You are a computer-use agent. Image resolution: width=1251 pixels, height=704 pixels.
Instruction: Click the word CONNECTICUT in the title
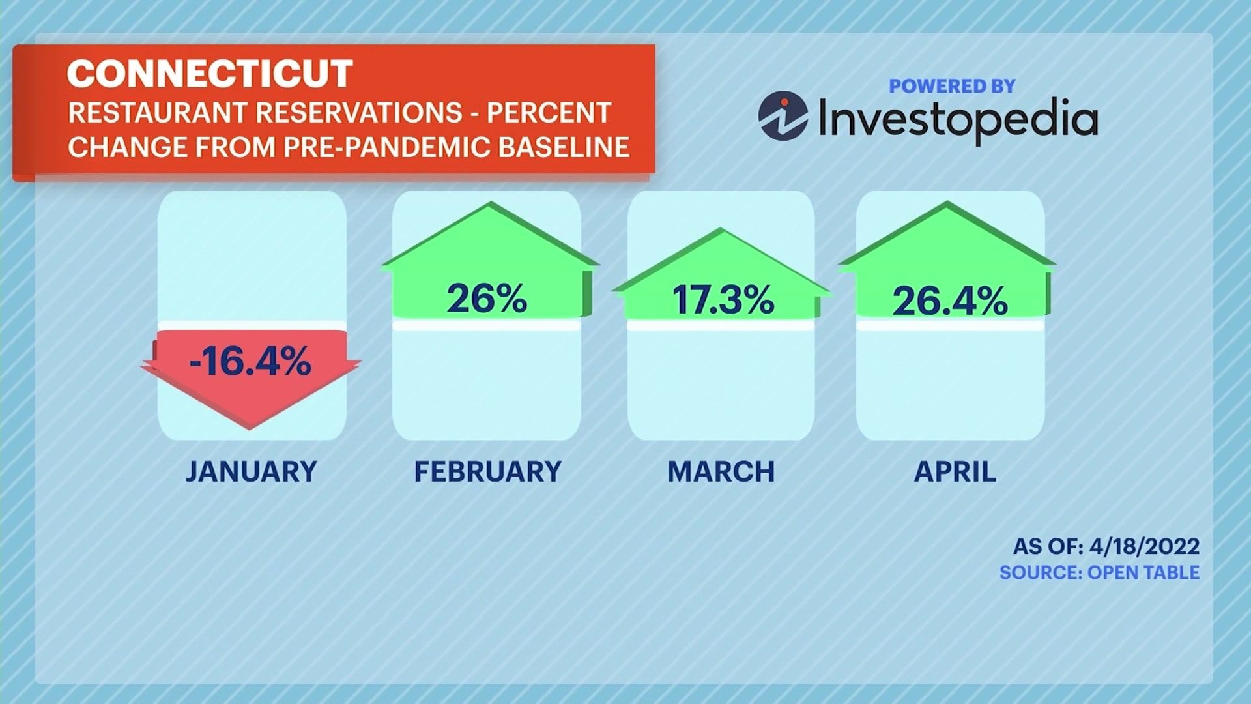coord(210,73)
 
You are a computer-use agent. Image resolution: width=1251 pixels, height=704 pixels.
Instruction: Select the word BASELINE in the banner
coord(564,147)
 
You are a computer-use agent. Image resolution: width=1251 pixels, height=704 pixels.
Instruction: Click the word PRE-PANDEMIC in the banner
coord(387,147)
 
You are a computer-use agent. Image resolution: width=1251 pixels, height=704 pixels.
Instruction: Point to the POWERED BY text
coord(952,86)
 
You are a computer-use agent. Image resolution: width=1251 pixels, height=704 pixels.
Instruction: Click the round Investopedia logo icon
coord(783,116)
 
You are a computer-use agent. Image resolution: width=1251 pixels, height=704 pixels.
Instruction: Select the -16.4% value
coord(250,361)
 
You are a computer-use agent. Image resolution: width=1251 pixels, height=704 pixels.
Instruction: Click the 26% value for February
coord(487,299)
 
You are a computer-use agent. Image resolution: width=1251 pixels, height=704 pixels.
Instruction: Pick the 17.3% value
coord(723,300)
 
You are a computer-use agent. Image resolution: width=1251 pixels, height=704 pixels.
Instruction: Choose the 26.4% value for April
coord(950,301)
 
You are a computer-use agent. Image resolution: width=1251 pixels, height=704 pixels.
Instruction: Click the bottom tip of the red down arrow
coord(250,430)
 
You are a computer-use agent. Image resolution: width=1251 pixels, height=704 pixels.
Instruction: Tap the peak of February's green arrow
coord(490,202)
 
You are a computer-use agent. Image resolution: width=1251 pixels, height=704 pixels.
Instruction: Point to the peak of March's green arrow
coord(721,228)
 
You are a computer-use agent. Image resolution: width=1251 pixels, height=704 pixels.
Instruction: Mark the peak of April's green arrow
coord(947,201)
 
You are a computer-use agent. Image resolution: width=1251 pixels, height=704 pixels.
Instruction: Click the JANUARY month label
coord(252,471)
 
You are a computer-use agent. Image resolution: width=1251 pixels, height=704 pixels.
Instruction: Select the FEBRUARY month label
coord(488,471)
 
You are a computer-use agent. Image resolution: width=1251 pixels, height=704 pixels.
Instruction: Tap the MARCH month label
coord(721,471)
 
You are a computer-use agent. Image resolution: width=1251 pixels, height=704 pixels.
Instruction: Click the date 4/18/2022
coord(1144,546)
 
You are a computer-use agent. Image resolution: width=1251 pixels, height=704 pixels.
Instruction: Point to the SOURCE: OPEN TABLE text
coord(1100,572)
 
